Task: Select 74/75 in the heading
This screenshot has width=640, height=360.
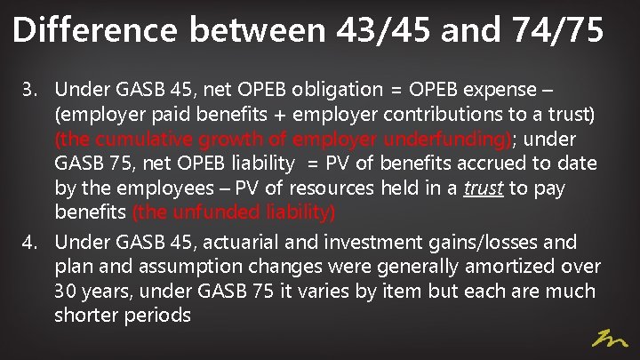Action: pyautogui.click(x=559, y=31)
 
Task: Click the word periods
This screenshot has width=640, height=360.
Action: pyautogui.click(x=159, y=316)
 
